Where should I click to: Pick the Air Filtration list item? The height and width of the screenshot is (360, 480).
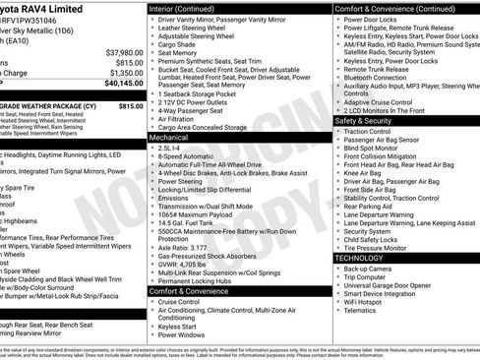189,117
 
